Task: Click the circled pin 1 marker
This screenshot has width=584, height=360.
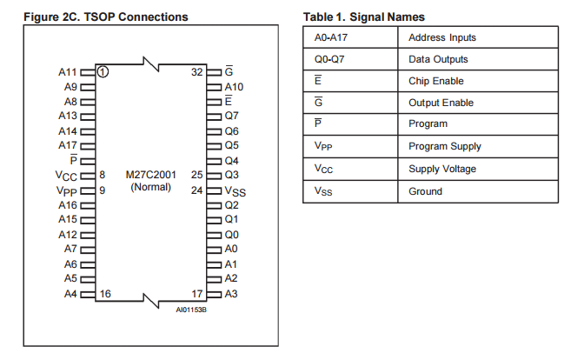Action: pos(103,72)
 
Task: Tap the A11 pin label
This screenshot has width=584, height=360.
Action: pos(69,72)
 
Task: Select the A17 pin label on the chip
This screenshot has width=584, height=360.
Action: pos(69,145)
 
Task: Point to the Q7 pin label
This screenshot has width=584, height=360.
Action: pos(231,116)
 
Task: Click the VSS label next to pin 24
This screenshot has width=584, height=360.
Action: pos(234,190)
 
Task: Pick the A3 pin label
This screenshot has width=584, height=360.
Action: pos(231,294)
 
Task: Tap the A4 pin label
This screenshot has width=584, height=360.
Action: pos(71,294)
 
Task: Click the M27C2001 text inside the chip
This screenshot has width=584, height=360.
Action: pos(150,175)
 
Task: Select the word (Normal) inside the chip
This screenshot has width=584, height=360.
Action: pos(150,188)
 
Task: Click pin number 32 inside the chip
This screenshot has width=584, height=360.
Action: pos(196,72)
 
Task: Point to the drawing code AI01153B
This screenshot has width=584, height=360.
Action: pos(191,309)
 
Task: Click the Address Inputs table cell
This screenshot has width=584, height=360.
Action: pos(442,37)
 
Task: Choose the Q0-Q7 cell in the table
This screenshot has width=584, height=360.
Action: pos(329,59)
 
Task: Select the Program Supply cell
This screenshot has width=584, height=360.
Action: pos(444,146)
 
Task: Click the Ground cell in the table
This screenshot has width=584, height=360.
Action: pos(425,191)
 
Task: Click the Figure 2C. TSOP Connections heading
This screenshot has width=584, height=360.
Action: pos(106,17)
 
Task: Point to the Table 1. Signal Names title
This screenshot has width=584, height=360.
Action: pos(364,17)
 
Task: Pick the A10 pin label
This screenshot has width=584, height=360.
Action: pos(234,87)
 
